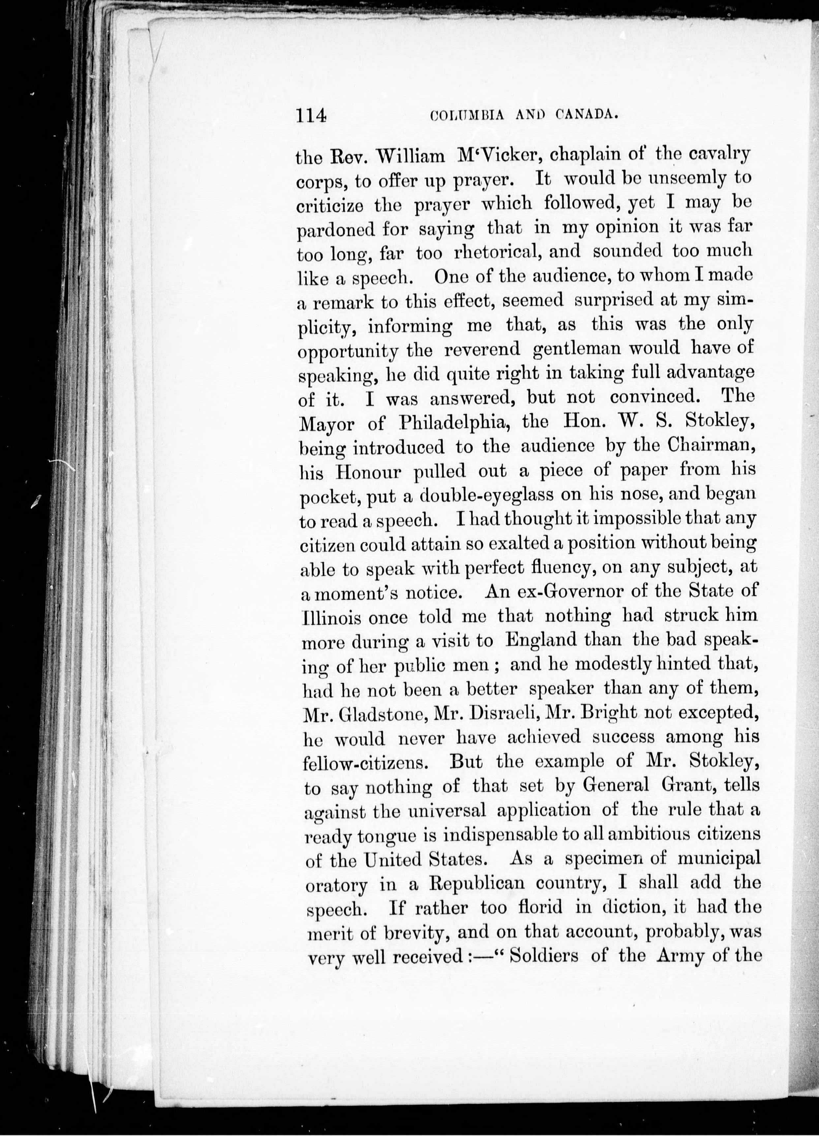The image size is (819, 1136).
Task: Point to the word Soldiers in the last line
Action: (x=543, y=956)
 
